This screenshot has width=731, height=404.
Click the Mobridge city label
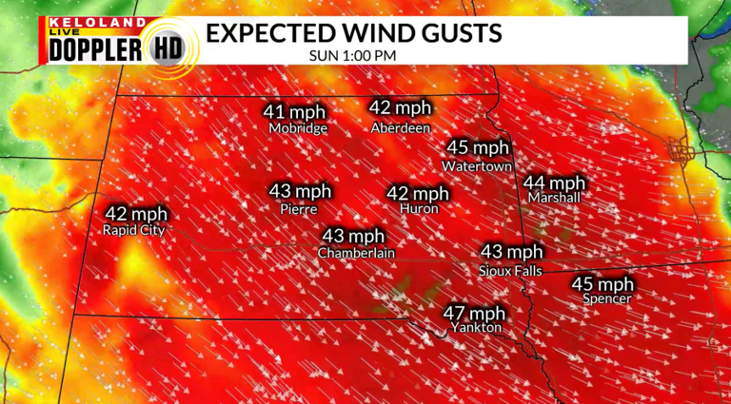click(297, 128)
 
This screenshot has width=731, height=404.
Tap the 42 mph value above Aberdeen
click(400, 107)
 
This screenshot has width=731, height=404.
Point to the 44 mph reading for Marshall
click(554, 182)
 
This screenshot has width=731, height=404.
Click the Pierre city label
click(298, 208)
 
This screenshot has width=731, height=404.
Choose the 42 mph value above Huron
click(417, 193)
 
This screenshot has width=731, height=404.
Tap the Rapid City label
click(133, 229)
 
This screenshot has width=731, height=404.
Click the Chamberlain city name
click(356, 253)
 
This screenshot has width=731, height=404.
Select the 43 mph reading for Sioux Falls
click(511, 252)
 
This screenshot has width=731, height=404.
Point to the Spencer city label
click(606, 299)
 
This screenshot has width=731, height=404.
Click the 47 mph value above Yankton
click(473, 314)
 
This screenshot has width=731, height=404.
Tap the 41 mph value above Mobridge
click(295, 112)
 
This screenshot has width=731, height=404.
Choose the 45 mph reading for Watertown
click(479, 148)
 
